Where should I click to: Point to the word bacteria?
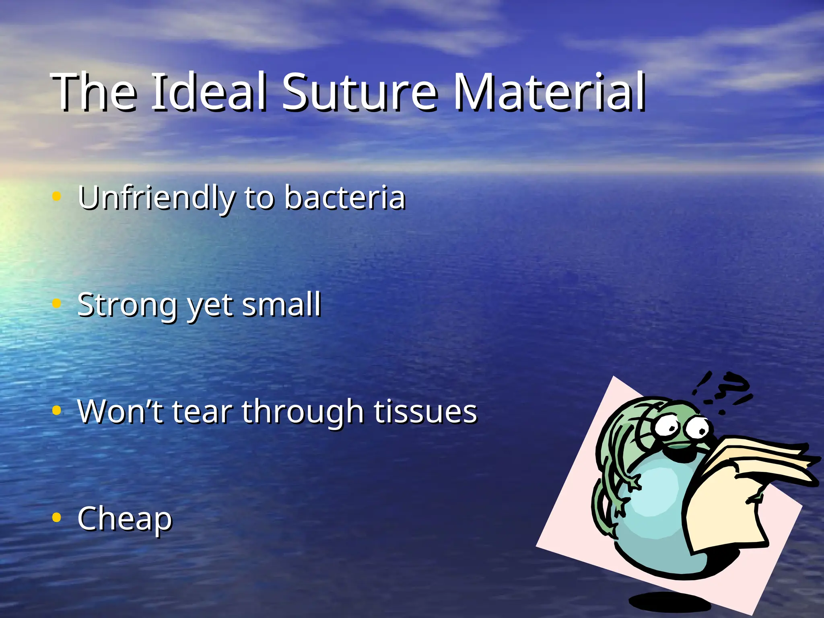pos(345,198)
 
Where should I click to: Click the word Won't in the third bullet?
pos(120,412)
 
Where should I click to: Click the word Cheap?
pos(125,519)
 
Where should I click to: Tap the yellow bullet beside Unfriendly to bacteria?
pos(57,196)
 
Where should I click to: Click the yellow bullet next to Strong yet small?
pos(57,303)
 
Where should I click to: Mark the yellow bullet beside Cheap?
pos(57,518)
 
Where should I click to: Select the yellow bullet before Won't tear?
pos(57,411)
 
